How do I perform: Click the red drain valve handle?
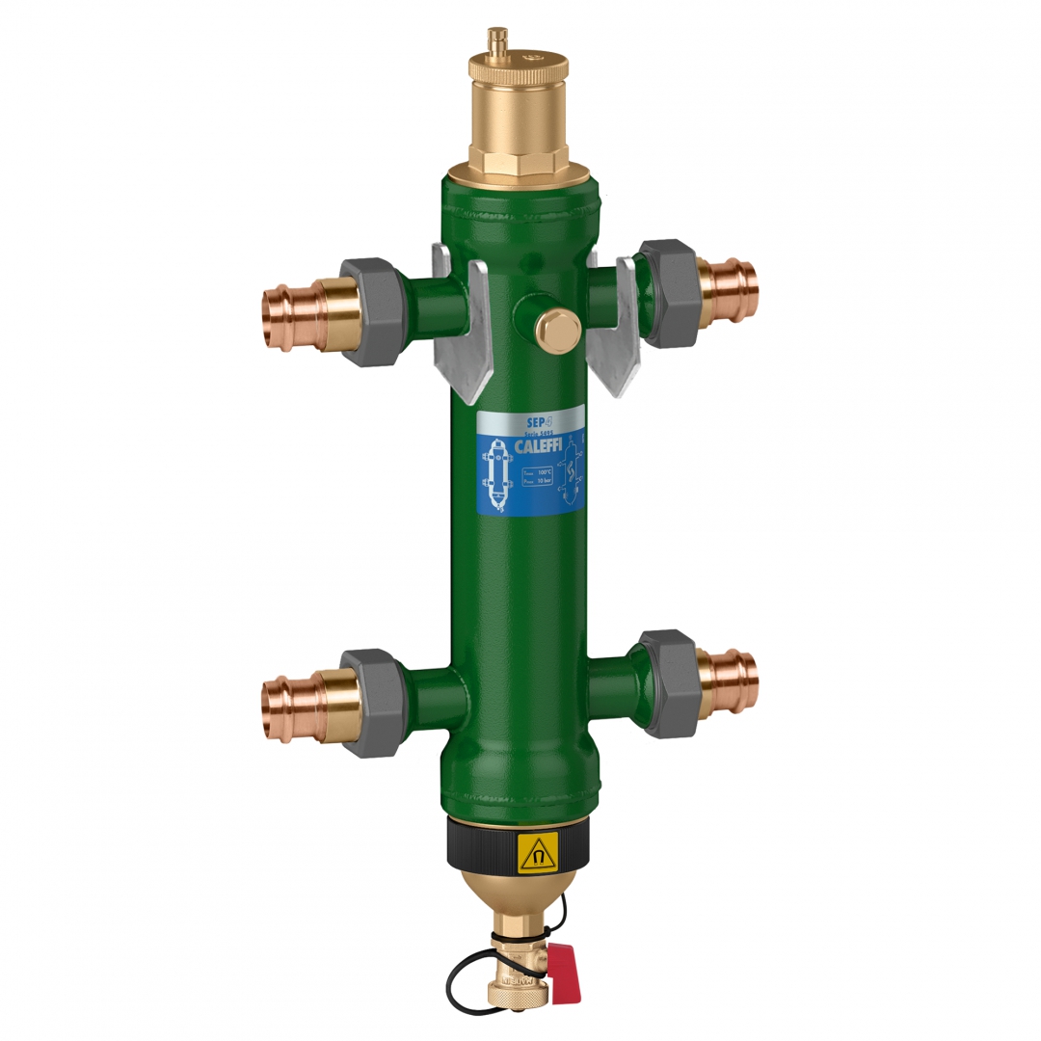(x=566, y=974)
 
